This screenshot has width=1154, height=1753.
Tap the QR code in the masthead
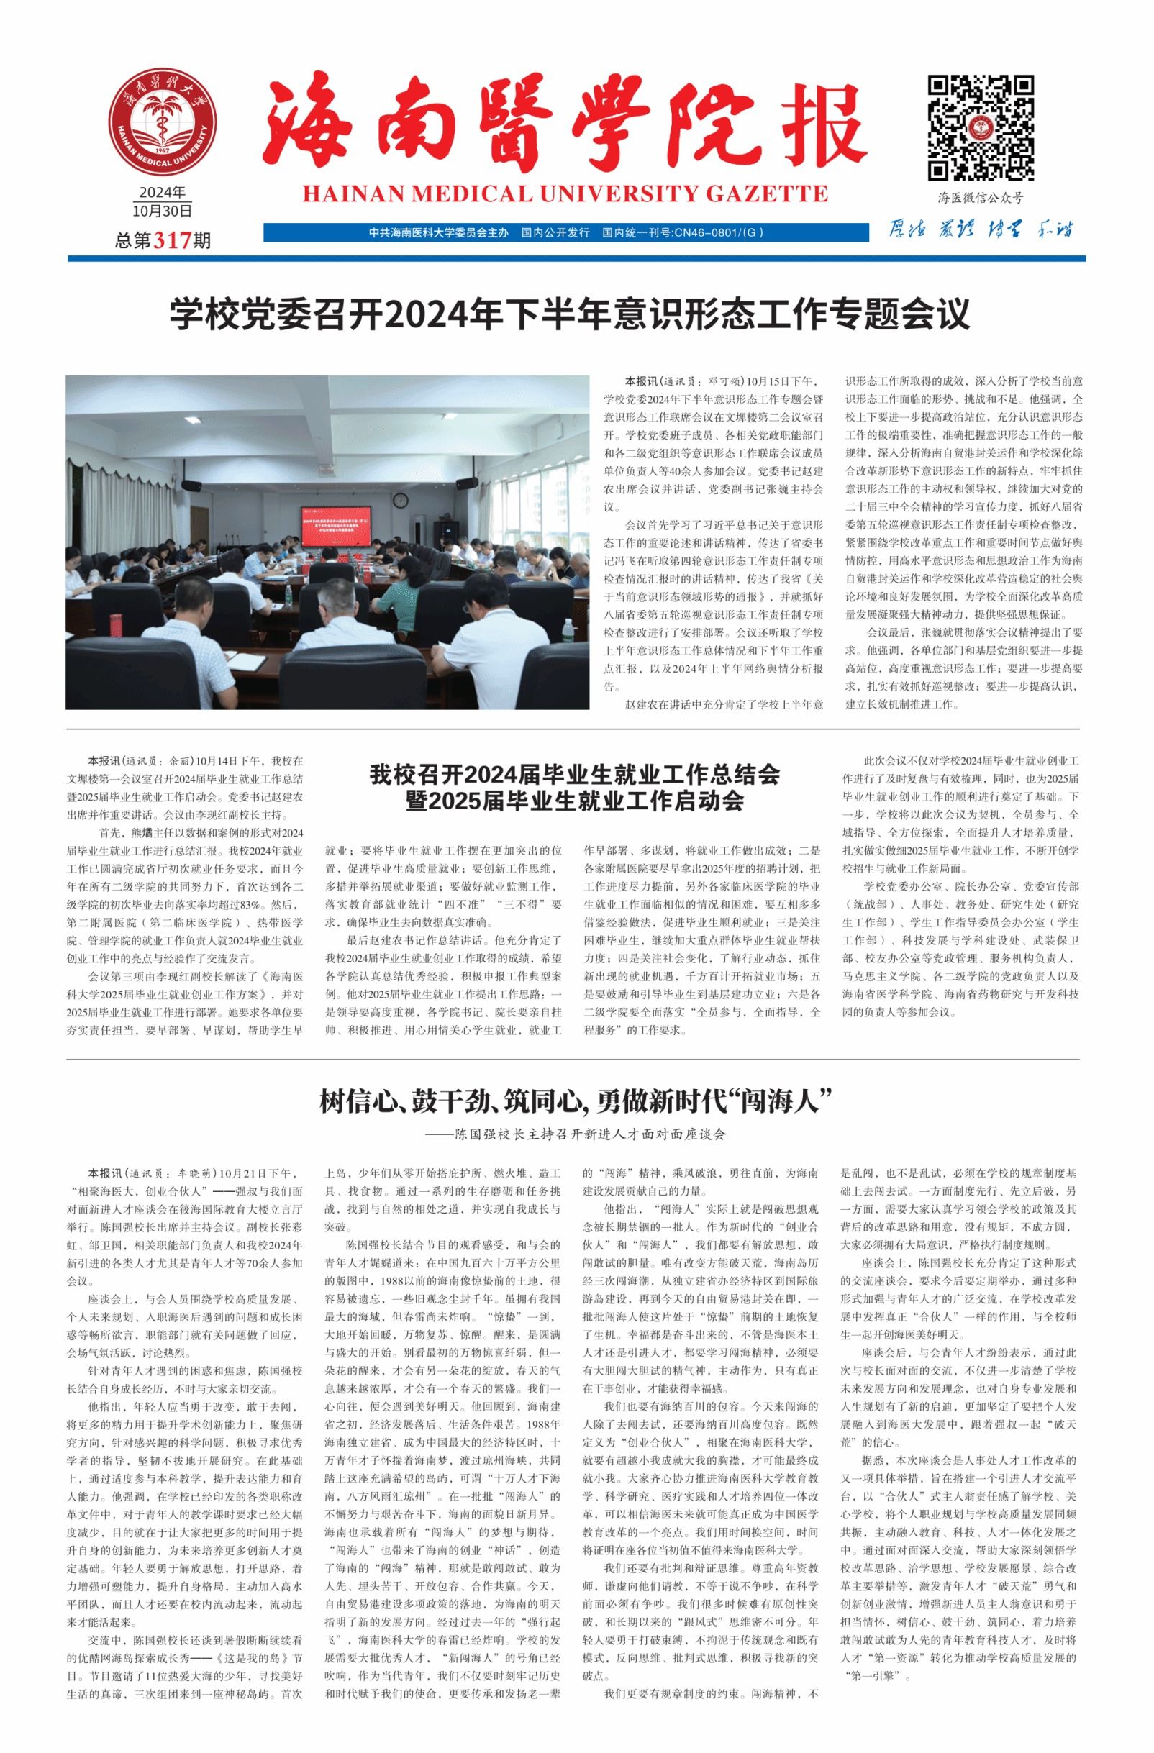click(979, 127)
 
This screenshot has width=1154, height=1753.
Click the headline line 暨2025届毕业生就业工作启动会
click(575, 801)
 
